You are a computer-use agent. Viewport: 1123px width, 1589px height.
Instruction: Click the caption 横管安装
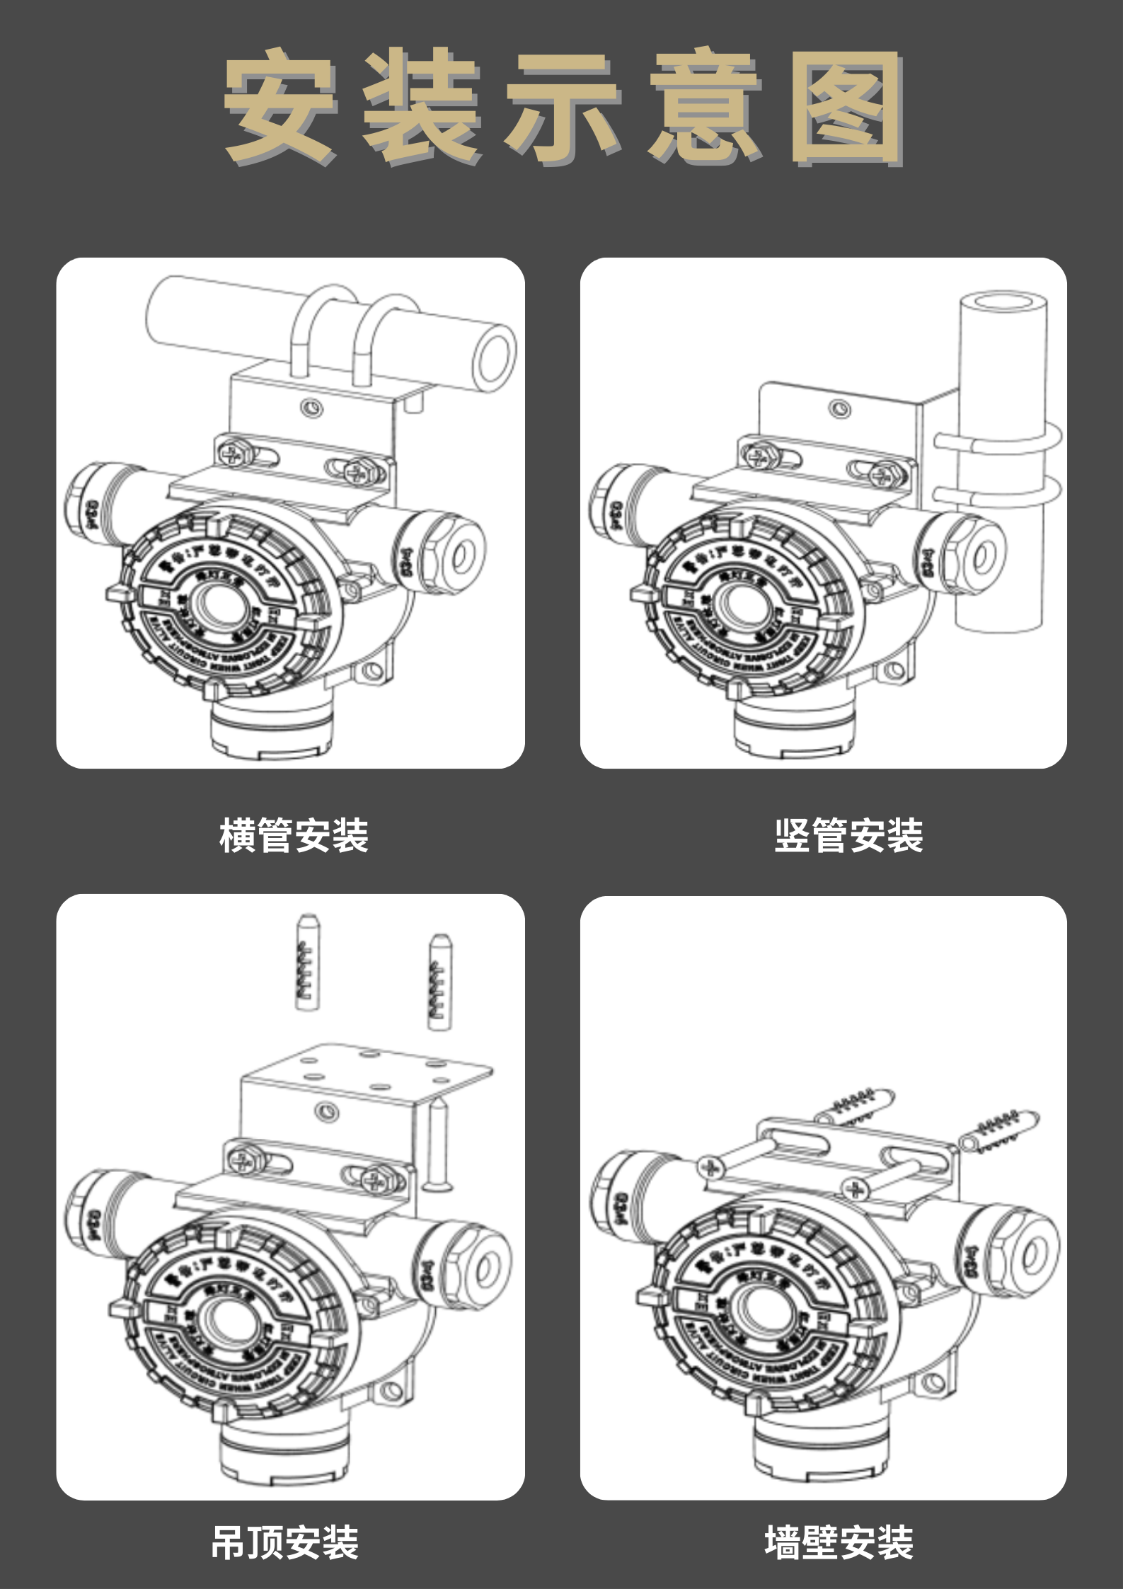click(x=294, y=835)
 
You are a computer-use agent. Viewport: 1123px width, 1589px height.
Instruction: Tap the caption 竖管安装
click(x=848, y=835)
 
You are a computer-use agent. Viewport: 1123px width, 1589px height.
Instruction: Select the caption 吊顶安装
click(x=285, y=1542)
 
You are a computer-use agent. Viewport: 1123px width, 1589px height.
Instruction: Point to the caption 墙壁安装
click(x=839, y=1542)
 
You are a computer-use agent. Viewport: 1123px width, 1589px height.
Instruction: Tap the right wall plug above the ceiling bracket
click(x=439, y=982)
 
